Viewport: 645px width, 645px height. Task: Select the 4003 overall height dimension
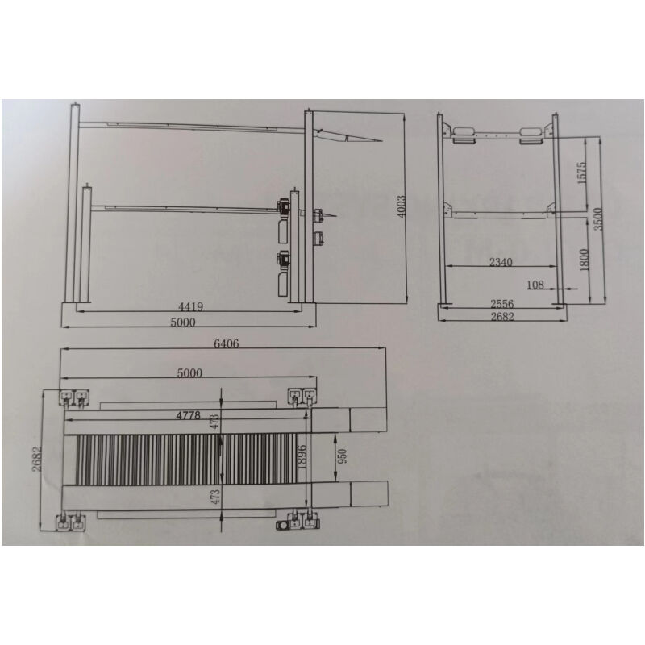401,207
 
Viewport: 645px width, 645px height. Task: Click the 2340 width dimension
500,263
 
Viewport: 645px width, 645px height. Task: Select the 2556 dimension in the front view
501,304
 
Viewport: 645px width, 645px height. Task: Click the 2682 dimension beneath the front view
501,317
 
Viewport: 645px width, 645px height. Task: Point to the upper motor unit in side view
283,206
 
